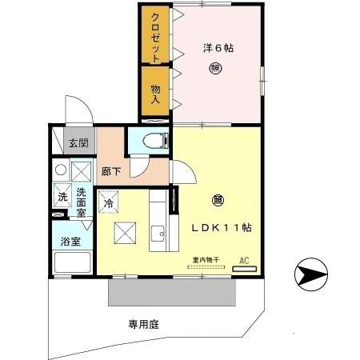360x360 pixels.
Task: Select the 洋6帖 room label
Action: point(217,48)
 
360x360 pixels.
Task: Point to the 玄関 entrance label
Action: point(78,144)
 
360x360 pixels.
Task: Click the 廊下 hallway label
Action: point(110,170)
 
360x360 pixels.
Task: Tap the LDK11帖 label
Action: point(222,227)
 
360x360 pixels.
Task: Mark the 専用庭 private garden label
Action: point(145,324)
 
